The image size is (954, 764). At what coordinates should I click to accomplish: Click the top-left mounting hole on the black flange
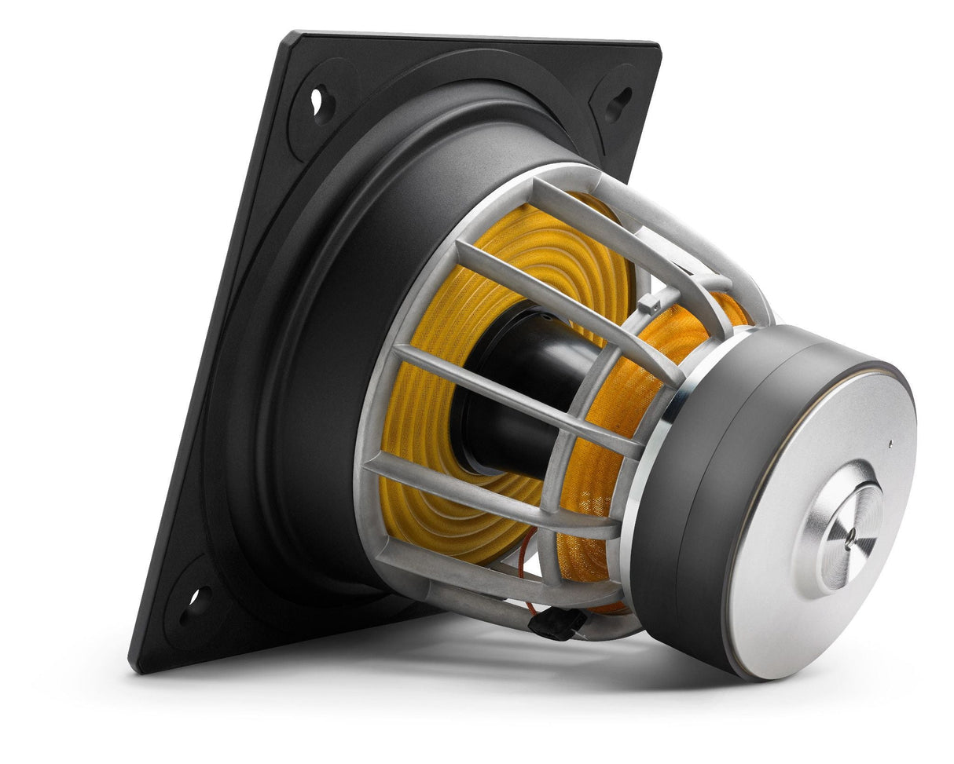(x=318, y=101)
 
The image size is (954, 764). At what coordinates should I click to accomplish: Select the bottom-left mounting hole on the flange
(x=196, y=601)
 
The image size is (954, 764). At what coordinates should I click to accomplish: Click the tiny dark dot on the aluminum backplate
(x=890, y=444)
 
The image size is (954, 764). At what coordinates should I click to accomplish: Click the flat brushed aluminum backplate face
(x=786, y=597)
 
